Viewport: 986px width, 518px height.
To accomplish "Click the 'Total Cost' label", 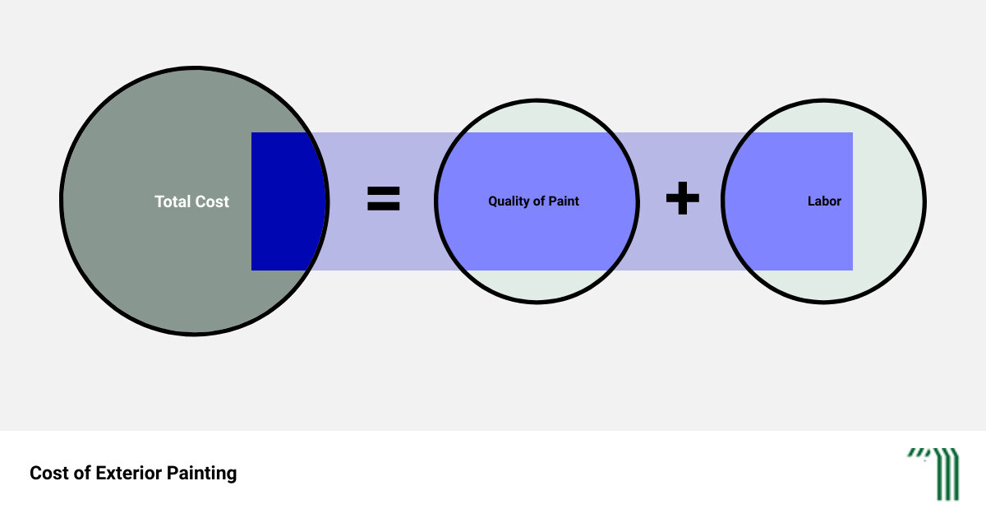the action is [192, 201].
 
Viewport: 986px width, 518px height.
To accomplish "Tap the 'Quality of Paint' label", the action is [533, 201].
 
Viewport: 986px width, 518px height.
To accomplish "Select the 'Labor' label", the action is [824, 201].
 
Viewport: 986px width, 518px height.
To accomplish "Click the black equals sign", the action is [384, 198].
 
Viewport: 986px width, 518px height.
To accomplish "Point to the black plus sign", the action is [683, 198].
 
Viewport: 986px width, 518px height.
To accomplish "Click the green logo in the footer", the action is [934, 474].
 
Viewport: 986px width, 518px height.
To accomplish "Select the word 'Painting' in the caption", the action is [201, 474].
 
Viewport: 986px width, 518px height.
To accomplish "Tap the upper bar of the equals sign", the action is [384, 190].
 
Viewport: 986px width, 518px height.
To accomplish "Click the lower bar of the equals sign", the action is [384, 206].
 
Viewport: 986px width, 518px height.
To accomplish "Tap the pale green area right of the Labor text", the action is [887, 201].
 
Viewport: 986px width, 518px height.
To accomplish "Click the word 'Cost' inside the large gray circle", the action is [212, 201].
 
